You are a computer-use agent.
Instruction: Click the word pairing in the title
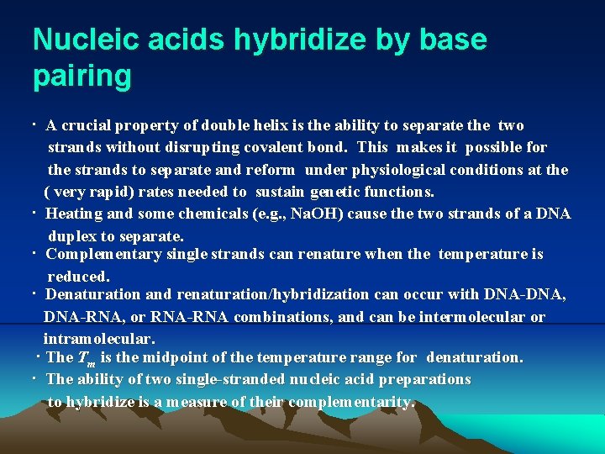tap(82, 77)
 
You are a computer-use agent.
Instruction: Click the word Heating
tap(75, 214)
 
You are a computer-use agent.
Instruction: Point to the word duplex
tap(72, 236)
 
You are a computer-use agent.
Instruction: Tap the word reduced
tap(78, 276)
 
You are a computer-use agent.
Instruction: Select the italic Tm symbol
tap(85, 358)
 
